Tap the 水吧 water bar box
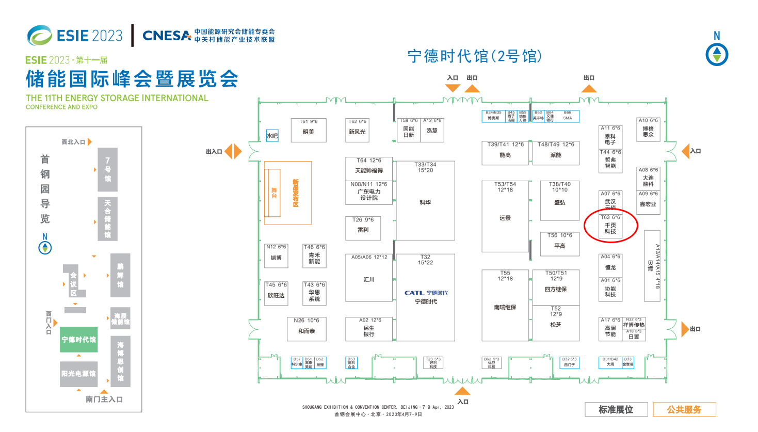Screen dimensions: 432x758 (x=272, y=136)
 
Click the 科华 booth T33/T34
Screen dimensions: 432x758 (x=425, y=201)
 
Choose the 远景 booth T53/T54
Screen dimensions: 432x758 (x=505, y=217)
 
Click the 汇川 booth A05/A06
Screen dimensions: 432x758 (x=369, y=278)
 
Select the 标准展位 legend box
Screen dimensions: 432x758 (x=616, y=409)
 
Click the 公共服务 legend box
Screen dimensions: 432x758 (x=684, y=409)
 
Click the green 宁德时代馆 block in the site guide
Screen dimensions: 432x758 (x=78, y=340)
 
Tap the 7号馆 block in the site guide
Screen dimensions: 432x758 (x=107, y=170)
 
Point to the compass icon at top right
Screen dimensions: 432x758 (x=717, y=54)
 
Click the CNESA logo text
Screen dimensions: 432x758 (x=167, y=36)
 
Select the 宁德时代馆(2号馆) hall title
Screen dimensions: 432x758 (x=474, y=56)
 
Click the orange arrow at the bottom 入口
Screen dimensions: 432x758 (x=462, y=391)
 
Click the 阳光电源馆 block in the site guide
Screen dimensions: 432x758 (x=78, y=374)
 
